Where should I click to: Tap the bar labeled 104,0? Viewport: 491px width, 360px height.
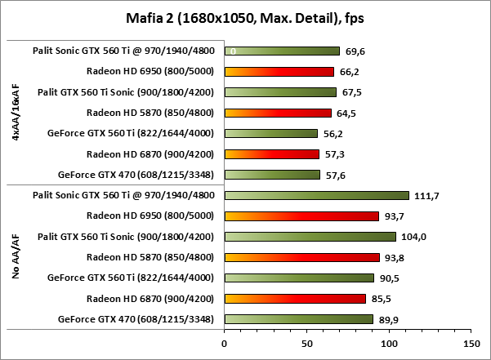[x=310, y=236]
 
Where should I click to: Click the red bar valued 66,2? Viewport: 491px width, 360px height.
[x=279, y=71]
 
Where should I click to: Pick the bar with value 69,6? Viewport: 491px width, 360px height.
[x=281, y=51]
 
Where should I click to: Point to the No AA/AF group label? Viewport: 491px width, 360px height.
[x=17, y=256]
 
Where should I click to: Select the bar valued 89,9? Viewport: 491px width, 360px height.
[x=298, y=318]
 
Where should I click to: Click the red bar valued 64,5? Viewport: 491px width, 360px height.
[x=277, y=113]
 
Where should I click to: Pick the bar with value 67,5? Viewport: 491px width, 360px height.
[x=279, y=91]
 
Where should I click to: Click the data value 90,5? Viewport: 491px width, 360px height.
[x=391, y=278]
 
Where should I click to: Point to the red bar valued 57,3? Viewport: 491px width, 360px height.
[x=271, y=153]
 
